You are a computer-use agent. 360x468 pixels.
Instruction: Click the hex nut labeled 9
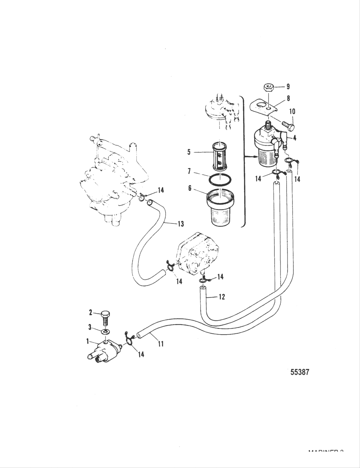[268, 87]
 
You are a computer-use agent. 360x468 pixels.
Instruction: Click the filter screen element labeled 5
[218, 157]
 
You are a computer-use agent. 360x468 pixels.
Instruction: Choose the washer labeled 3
[105, 331]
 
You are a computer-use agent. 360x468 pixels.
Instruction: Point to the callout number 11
[161, 344]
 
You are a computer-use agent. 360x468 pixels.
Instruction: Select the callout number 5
[189, 152]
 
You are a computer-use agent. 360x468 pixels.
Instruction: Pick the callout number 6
[190, 188]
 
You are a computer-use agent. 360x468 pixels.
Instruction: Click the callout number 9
[288, 86]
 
